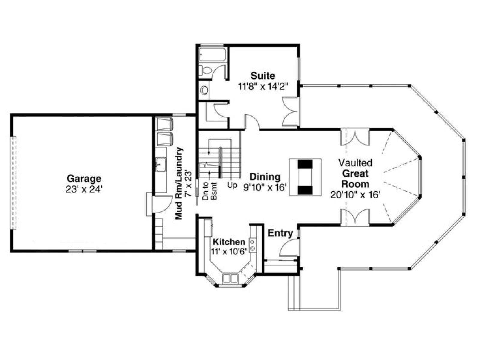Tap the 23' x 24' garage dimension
[84, 189]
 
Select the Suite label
[262, 76]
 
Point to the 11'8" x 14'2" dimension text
[262, 87]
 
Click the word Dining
[265, 177]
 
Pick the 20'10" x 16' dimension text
[355, 194]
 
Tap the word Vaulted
[355, 163]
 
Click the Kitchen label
[229, 242]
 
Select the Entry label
[280, 233]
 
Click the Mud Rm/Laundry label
[179, 183]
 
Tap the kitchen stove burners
[253, 245]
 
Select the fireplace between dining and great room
[305, 177]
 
